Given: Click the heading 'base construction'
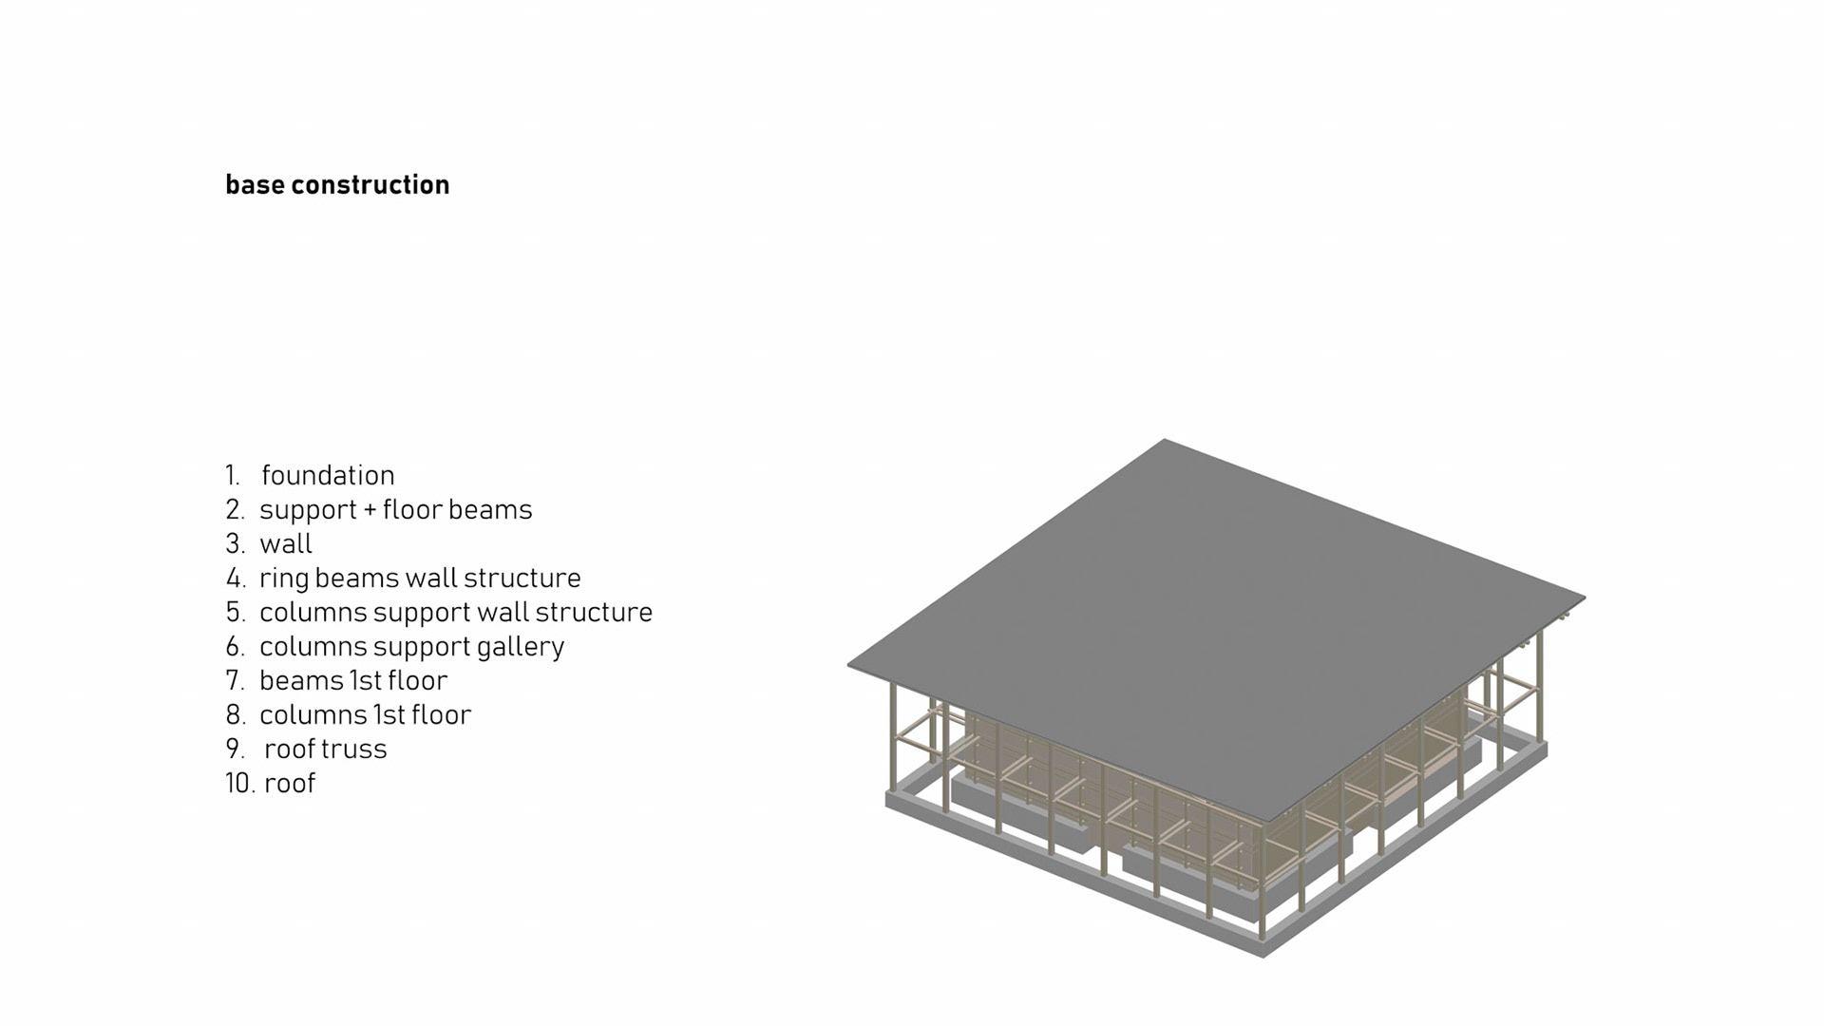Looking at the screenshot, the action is click(337, 184).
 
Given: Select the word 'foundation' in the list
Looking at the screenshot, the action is click(328, 475).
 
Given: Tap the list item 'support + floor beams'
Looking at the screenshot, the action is click(395, 509).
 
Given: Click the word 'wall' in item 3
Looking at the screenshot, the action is click(286, 543).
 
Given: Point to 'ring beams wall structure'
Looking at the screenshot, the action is click(420, 578).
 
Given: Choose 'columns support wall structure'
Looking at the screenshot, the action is click(456, 612).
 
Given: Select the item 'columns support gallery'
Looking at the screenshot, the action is click(411, 646).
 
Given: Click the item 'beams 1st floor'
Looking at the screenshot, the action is click(353, 680).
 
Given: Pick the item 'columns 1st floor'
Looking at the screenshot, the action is click(365, 714).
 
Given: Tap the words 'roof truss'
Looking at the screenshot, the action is click(326, 749).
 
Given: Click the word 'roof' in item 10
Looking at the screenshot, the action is click(290, 783).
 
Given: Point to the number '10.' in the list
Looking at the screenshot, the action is click(239, 783).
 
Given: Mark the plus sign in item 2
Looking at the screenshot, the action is click(370, 510).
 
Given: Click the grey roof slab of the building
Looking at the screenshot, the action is click(1206, 617).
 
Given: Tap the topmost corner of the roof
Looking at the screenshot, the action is click(1165, 441).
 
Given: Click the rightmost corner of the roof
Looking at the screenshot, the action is click(1583, 598).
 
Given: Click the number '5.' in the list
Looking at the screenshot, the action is click(236, 612).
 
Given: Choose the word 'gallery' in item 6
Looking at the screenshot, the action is click(521, 646).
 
